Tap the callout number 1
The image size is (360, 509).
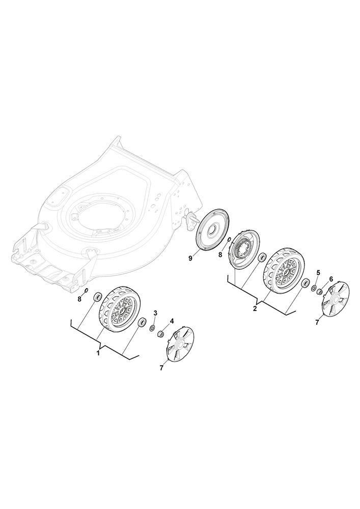click(98, 353)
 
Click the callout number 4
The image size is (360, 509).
click(172, 321)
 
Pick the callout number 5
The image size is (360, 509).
click(318, 271)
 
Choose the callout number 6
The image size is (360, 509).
click(331, 279)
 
